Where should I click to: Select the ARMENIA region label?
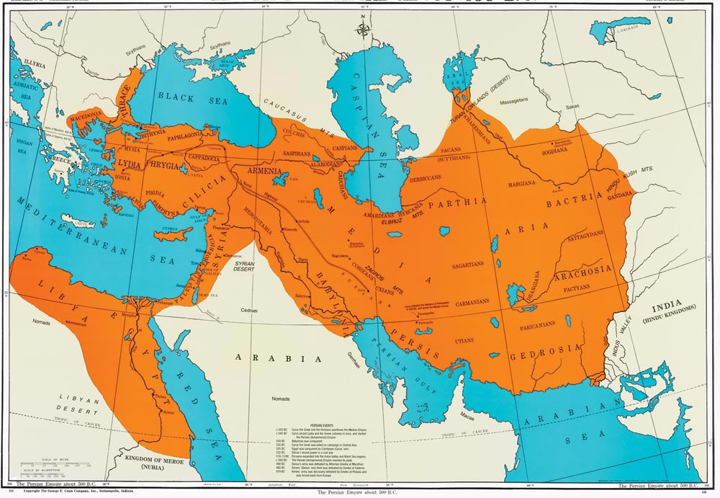click(x=268, y=172)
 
